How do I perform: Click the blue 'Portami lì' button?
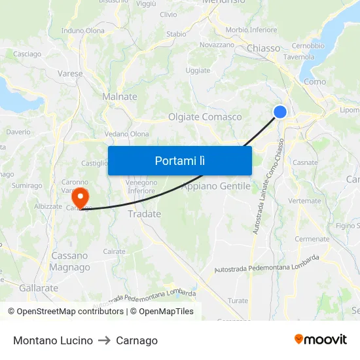tap(179, 160)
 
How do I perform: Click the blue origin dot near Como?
tap(280, 112)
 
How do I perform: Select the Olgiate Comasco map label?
tap(205, 117)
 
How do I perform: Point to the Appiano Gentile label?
tap(216, 187)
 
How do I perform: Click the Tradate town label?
tap(144, 214)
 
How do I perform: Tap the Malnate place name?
tap(120, 97)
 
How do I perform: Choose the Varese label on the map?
tap(70, 74)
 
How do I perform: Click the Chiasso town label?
tap(264, 48)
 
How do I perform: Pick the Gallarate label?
tap(39, 288)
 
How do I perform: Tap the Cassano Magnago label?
tap(70, 261)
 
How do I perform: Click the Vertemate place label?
tap(304, 201)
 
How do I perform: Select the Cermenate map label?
tap(312, 239)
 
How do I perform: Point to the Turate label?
tap(238, 301)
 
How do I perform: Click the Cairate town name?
tap(115, 251)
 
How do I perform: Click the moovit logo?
tap(321, 340)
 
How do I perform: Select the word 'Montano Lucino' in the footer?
tap(53, 340)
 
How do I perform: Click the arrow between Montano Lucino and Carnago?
tap(104, 340)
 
